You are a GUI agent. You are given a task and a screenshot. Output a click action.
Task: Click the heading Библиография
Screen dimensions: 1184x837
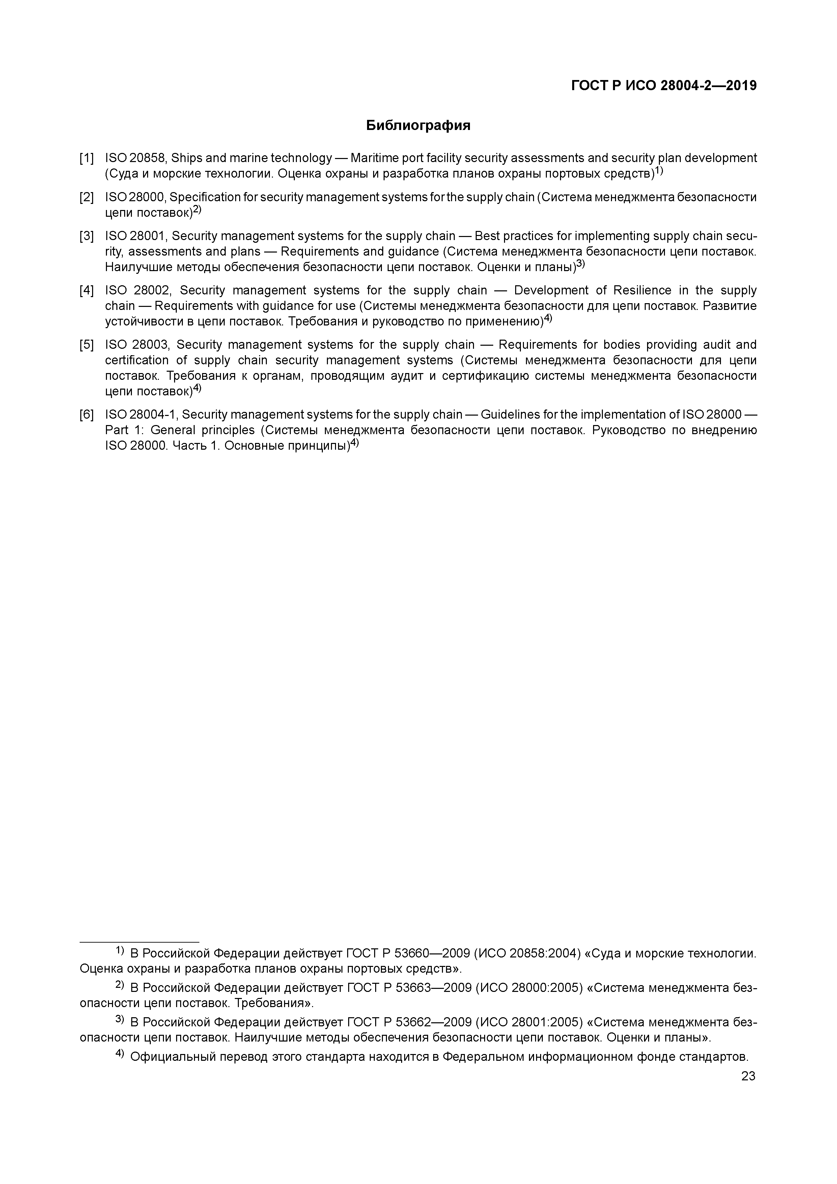pyautogui.click(x=418, y=125)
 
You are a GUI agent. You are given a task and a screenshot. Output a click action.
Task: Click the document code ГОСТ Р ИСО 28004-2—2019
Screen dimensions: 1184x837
pyautogui.click(x=664, y=86)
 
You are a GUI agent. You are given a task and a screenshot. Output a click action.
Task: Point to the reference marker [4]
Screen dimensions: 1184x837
pyautogui.click(x=87, y=290)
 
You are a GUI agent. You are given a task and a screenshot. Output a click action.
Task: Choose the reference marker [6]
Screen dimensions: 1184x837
pyautogui.click(x=87, y=415)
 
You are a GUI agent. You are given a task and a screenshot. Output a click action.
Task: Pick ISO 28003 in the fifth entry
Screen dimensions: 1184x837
pyautogui.click(x=137, y=344)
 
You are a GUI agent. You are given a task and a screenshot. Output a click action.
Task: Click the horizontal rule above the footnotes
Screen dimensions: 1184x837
pyautogui.click(x=139, y=941)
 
